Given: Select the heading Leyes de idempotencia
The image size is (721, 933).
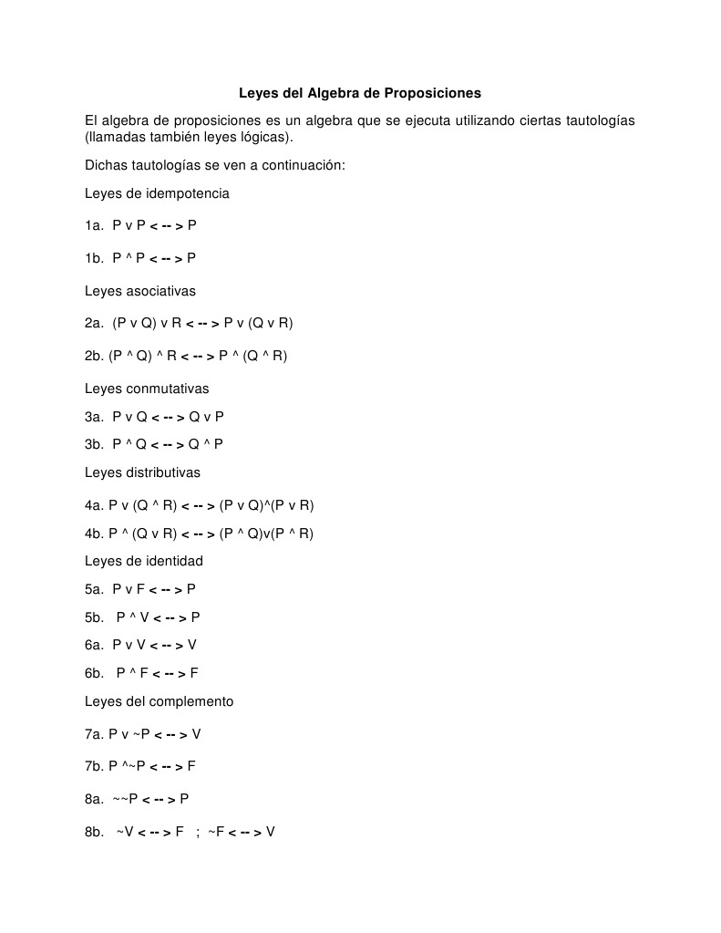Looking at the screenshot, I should tap(157, 193).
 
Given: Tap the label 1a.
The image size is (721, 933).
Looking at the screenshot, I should tap(95, 224).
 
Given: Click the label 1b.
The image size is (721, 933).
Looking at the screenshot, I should tap(95, 258).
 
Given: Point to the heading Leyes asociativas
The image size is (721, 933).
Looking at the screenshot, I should tap(140, 291).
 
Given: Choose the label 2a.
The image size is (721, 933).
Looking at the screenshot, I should tap(95, 323).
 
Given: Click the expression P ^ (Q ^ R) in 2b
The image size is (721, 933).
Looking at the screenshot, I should tap(252, 356).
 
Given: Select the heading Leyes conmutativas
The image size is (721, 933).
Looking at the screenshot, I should tap(147, 389).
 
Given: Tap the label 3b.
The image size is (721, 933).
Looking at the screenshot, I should tap(95, 444).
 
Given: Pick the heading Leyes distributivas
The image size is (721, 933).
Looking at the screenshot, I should tap(142, 472).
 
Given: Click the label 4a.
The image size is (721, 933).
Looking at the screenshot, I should tap(94, 505).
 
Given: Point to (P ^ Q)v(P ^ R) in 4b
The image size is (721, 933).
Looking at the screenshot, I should tap(266, 534).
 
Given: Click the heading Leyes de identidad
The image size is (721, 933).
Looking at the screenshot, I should tap(144, 561).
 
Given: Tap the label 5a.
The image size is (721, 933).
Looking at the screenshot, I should tap(95, 589).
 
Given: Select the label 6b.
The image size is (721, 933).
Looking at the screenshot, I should tap(95, 673).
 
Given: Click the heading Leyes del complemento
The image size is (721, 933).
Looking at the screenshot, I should tap(160, 701).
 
